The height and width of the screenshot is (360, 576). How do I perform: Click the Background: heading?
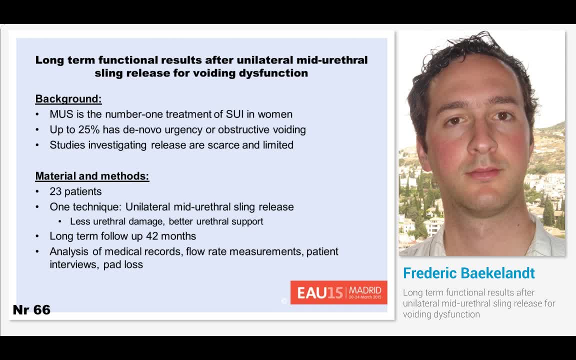coord(68,99)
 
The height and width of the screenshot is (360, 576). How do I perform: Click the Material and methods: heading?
coord(92,176)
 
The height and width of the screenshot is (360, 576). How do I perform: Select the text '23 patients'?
coord(75,191)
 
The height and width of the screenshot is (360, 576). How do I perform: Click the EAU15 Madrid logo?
coord(338,292)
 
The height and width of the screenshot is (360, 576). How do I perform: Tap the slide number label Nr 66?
coord(31,310)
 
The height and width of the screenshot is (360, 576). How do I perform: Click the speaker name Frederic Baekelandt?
coord(468,273)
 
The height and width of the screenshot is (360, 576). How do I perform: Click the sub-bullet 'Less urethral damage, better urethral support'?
coord(166,221)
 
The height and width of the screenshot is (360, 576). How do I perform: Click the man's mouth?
coord(482,172)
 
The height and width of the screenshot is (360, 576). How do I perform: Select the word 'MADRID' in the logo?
coord(365,290)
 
